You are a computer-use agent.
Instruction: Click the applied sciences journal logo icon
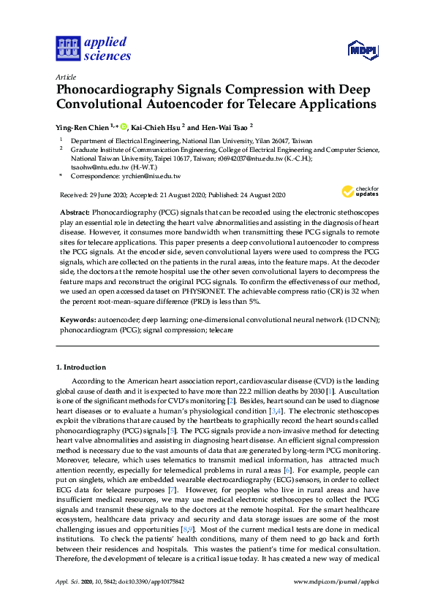tap(67, 48)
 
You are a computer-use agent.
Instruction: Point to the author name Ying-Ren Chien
tap(83, 126)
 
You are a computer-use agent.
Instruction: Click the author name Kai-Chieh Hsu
tap(157, 126)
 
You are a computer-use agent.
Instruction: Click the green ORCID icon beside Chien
tap(124, 126)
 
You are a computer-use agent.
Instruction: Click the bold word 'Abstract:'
tap(75, 210)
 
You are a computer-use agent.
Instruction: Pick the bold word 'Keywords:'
tap(77, 320)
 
